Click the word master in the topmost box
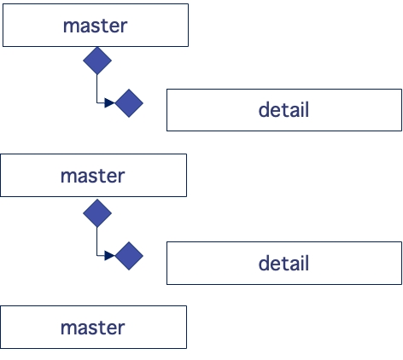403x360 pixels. (95, 26)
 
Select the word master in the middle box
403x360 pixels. (92, 177)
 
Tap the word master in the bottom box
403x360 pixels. (92, 328)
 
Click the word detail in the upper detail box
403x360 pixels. (283, 110)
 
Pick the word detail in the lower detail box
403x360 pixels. (283, 264)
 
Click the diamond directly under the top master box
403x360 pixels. (97, 61)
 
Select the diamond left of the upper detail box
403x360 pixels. (129, 103)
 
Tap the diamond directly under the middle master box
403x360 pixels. (97, 212)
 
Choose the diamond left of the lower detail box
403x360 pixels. (129, 255)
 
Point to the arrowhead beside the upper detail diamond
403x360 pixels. (109, 103)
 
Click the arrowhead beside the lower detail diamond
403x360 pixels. (109, 255)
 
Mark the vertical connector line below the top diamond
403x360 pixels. (97, 88)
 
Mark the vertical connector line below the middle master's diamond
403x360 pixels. (97, 240)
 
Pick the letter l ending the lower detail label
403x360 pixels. (307, 264)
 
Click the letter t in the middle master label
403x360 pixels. (100, 177)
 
